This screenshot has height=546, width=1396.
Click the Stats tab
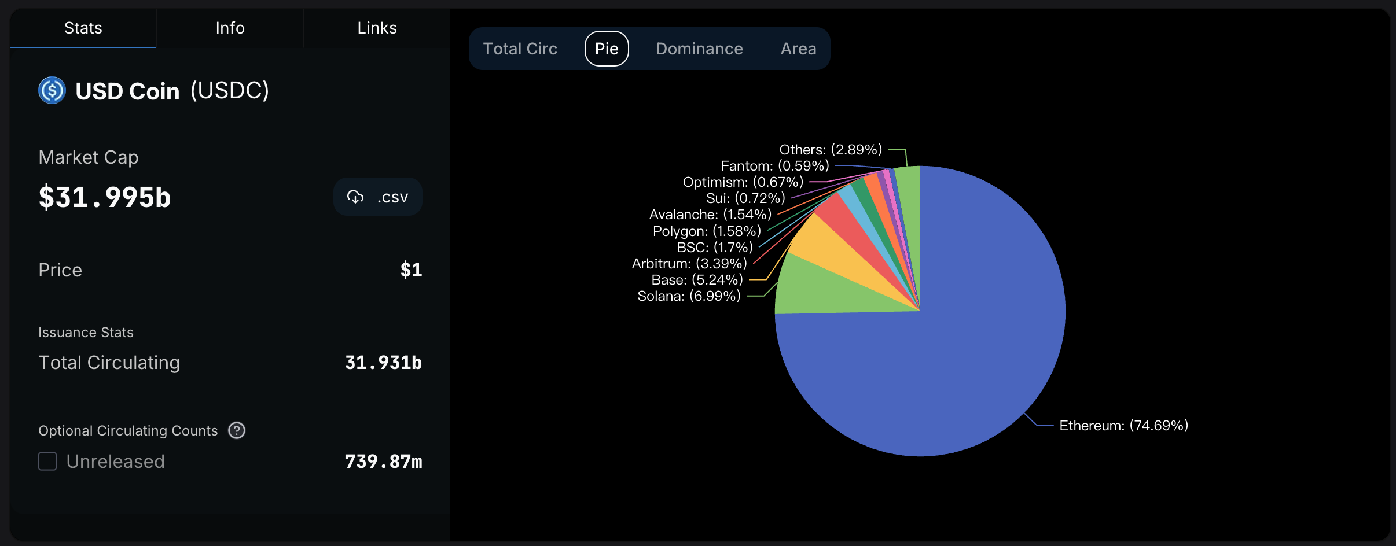[x=83, y=28]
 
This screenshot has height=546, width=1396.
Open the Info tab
[x=230, y=28]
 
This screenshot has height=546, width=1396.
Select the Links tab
[x=377, y=28]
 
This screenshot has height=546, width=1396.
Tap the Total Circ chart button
[x=520, y=49]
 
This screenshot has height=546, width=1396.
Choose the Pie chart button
[x=607, y=49]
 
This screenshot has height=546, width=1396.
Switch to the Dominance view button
[x=699, y=49]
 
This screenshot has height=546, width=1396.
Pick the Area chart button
[x=798, y=49]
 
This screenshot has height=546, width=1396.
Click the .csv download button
[x=377, y=197]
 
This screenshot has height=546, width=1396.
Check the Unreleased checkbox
[x=47, y=462]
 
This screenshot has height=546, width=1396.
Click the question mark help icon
[x=237, y=430]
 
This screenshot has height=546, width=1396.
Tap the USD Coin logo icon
[x=52, y=90]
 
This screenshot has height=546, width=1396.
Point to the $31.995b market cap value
[x=105, y=197]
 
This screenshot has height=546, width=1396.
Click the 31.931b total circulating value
[x=383, y=363]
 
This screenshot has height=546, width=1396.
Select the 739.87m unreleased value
[x=383, y=462]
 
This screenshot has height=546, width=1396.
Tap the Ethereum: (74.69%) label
[x=1123, y=426]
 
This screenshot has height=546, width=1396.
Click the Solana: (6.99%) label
[x=689, y=296]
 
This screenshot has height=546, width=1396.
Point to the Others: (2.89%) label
[x=831, y=150]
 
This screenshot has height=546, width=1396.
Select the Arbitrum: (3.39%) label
[x=689, y=264]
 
